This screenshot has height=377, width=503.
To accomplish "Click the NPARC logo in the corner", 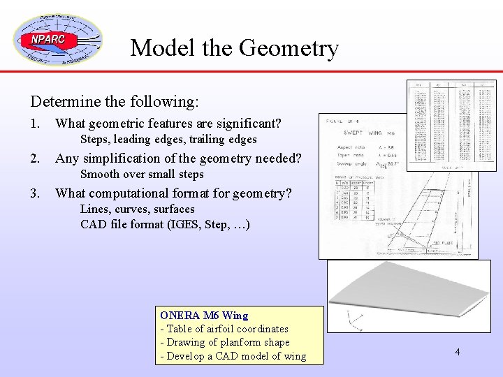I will pos(57,40).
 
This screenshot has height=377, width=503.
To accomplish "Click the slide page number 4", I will pos(458,352).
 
